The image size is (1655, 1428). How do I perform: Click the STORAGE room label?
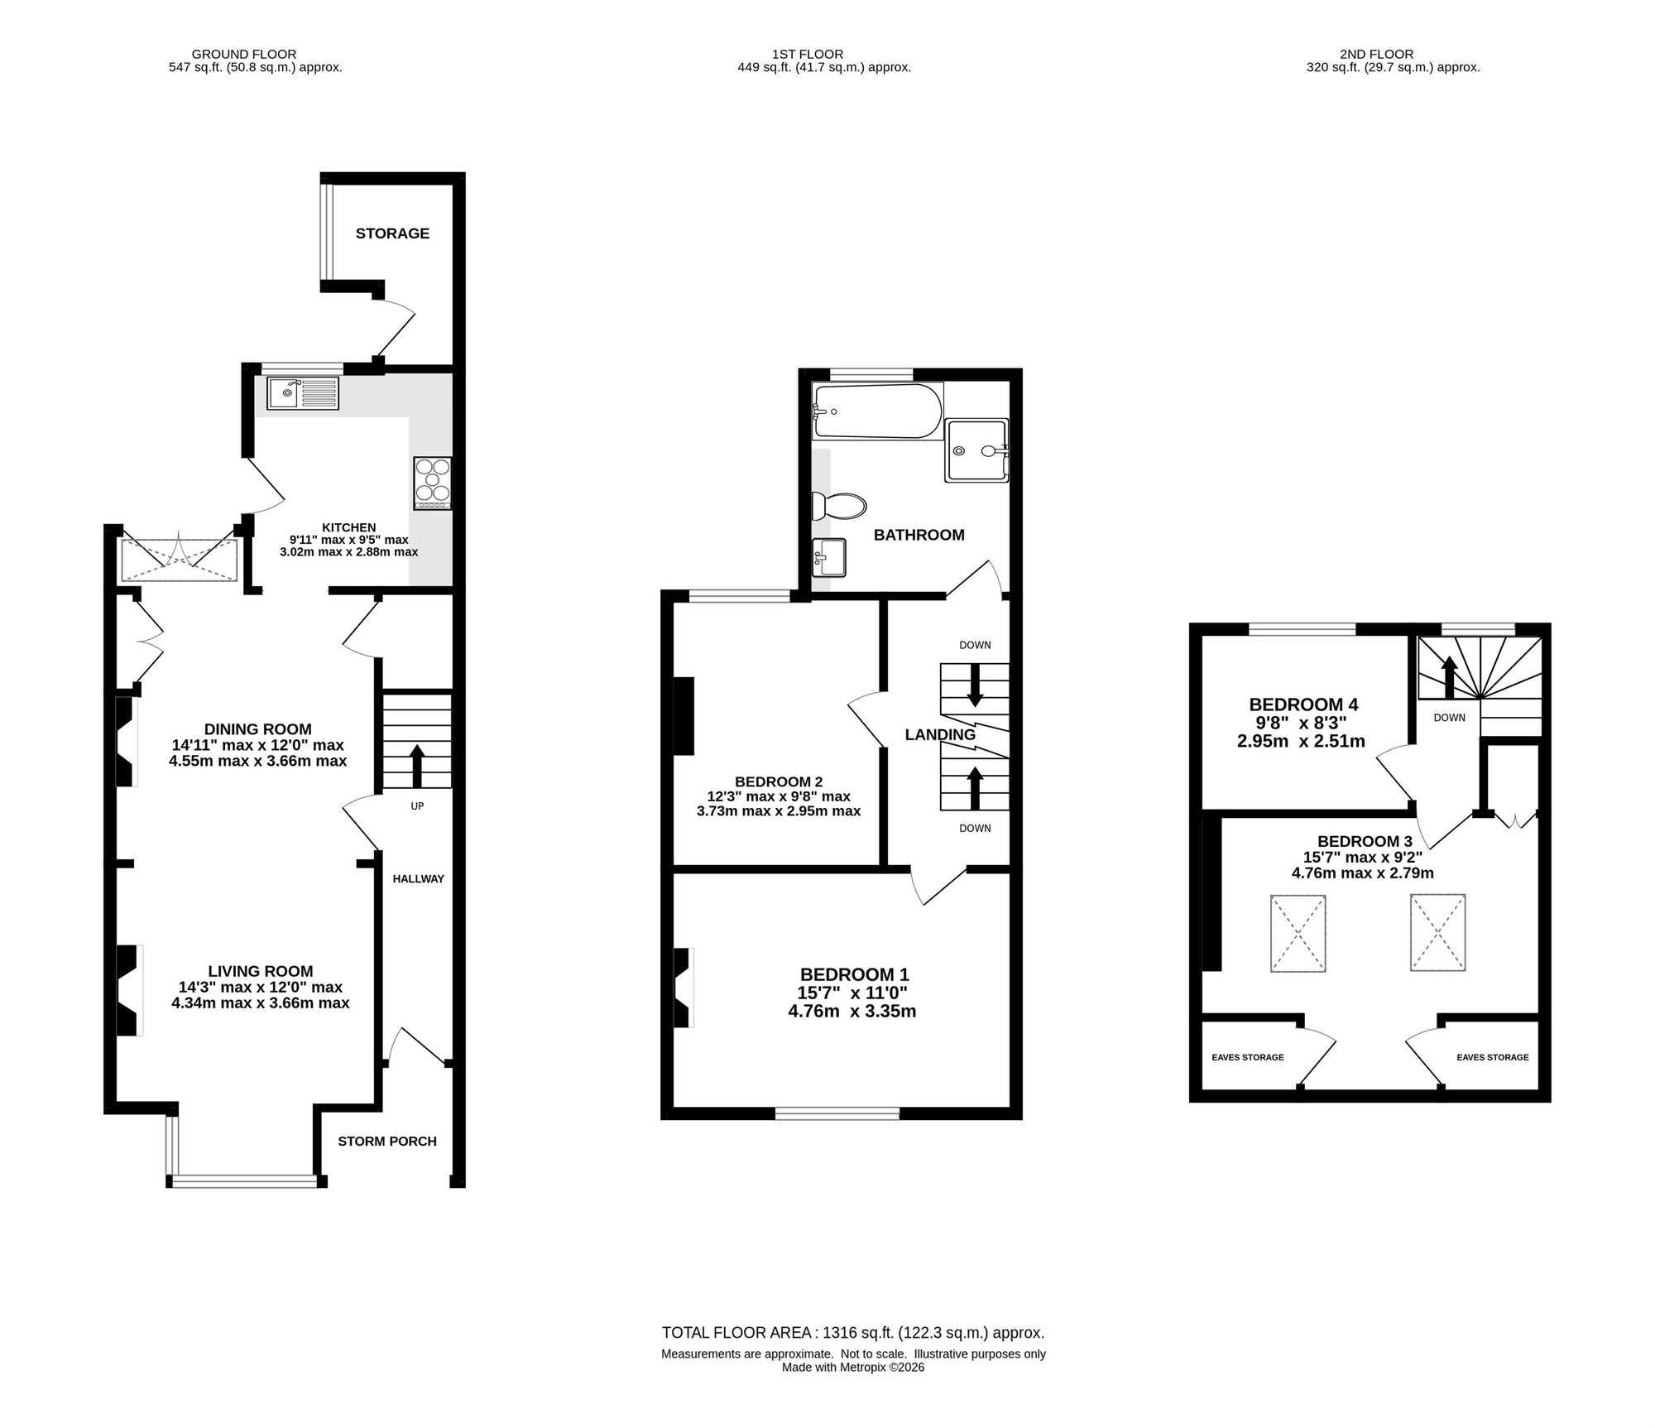pyautogui.click(x=392, y=233)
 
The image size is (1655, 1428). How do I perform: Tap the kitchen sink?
pyautogui.click(x=303, y=393)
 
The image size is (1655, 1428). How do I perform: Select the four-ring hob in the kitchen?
pyautogui.click(x=433, y=483)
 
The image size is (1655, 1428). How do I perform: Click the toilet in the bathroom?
pyautogui.click(x=838, y=505)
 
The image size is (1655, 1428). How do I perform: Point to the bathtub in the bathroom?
pyautogui.click(x=877, y=411)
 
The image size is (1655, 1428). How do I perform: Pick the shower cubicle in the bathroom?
pyautogui.click(x=977, y=450)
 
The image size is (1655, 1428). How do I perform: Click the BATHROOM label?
pyautogui.click(x=919, y=536)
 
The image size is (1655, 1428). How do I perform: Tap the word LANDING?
pyautogui.click(x=940, y=734)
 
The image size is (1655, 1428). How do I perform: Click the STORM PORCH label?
pyautogui.click(x=387, y=1142)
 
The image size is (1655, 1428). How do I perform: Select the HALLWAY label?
pyautogui.click(x=418, y=879)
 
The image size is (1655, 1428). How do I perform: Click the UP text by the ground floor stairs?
pyautogui.click(x=417, y=805)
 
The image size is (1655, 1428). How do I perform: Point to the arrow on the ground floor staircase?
pyautogui.click(x=417, y=766)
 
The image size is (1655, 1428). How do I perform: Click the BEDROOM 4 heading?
pyautogui.click(x=1303, y=704)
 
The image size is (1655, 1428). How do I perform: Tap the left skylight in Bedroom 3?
pyautogui.click(x=1298, y=933)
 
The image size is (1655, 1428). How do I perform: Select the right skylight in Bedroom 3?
pyautogui.click(x=1438, y=932)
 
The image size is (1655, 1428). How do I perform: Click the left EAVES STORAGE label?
pyautogui.click(x=1248, y=1057)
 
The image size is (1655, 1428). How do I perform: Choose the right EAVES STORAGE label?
pyautogui.click(x=1493, y=1057)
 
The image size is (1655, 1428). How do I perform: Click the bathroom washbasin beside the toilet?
pyautogui.click(x=829, y=557)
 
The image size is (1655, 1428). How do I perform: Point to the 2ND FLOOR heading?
pyautogui.click(x=1393, y=55)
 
